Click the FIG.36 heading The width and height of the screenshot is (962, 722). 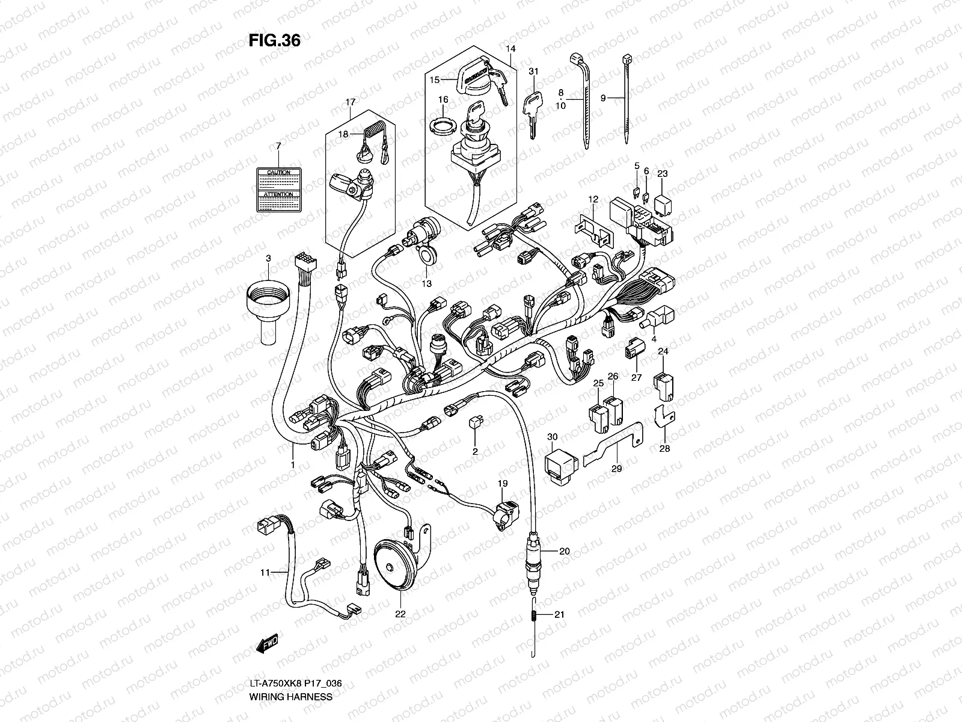[274, 40]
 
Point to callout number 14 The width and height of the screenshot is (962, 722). [510, 48]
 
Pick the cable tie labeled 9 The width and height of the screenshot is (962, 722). [626, 99]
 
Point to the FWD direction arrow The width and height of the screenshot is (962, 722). [267, 646]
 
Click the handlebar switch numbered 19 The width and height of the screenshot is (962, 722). [504, 514]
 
